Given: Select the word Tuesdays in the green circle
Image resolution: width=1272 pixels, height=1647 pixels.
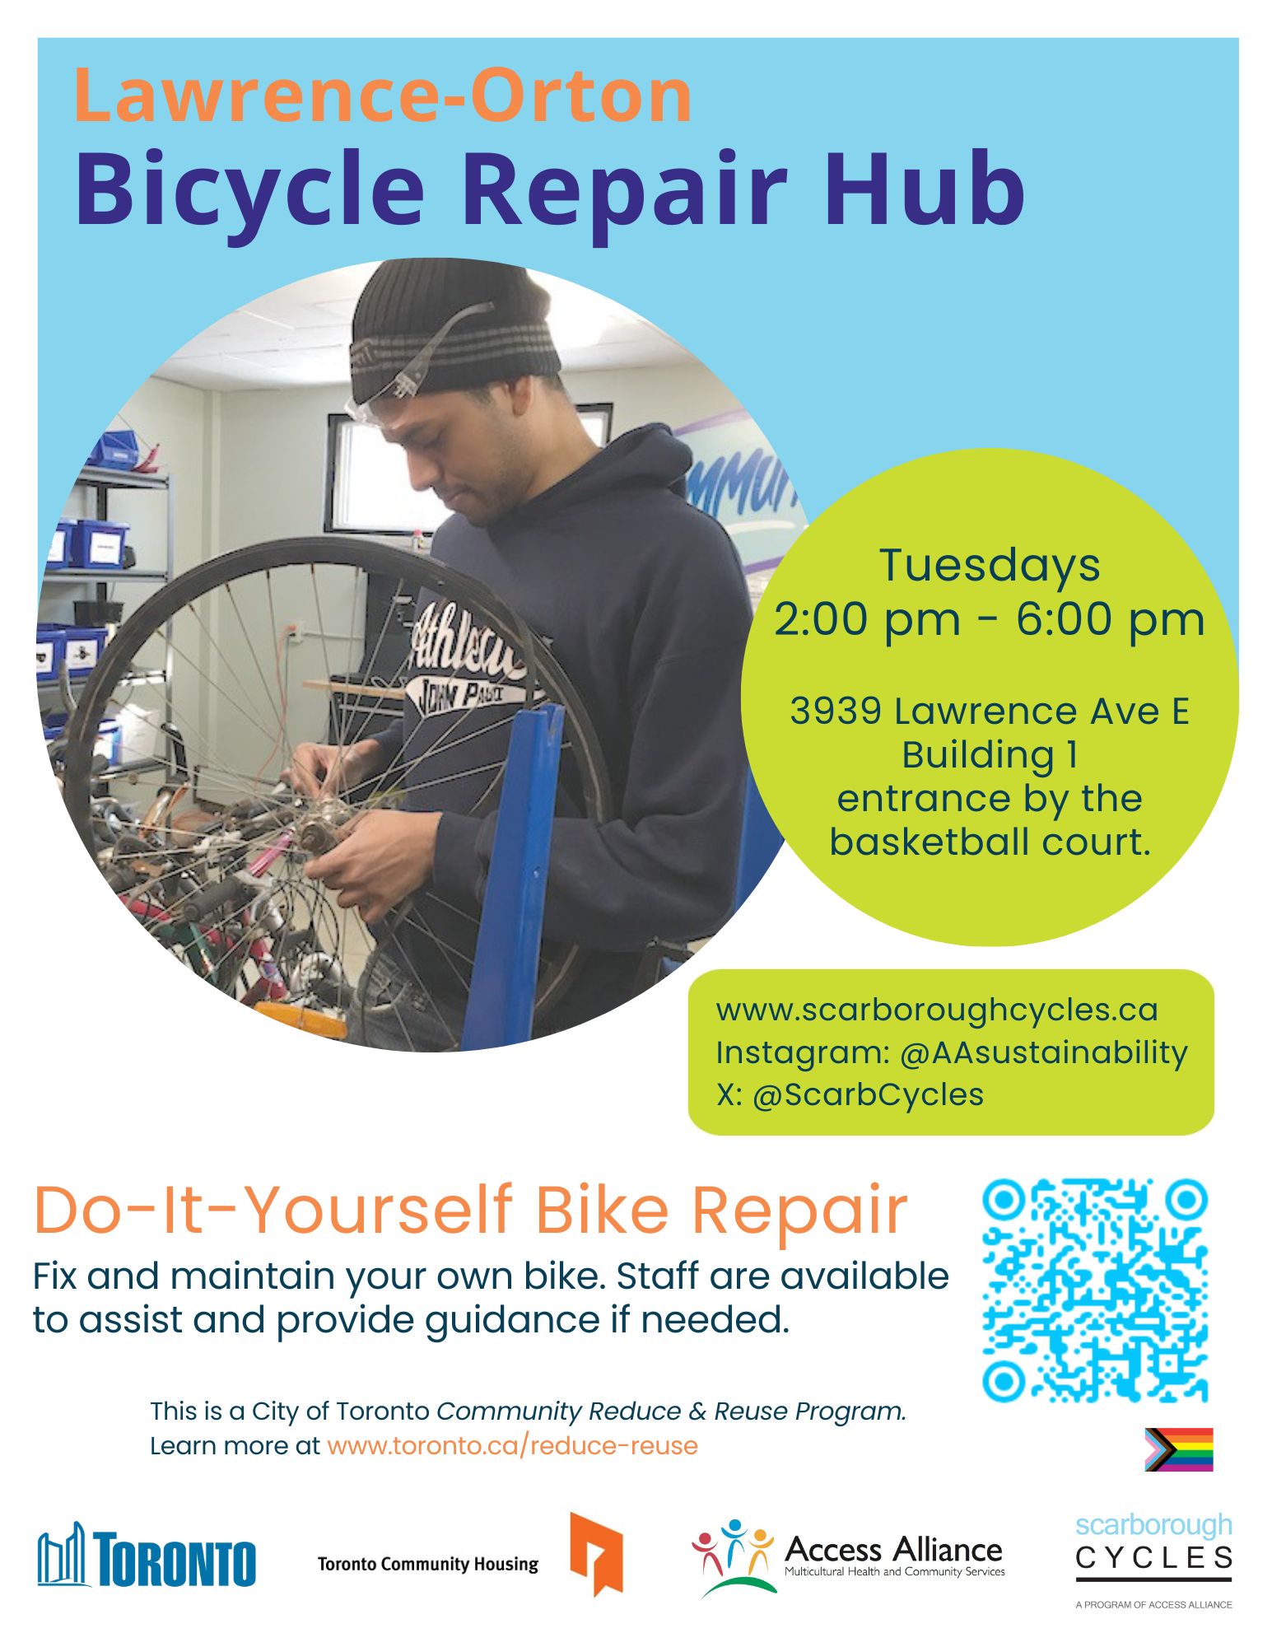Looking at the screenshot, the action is pos(990,565).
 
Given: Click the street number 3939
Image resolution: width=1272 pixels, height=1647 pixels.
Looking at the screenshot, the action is pos(835,712).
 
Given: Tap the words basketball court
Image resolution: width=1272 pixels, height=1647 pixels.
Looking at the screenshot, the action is pos(990,842).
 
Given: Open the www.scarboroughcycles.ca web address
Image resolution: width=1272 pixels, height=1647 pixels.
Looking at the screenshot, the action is pos(937,1010).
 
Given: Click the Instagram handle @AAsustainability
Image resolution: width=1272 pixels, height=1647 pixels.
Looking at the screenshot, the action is pos(1043,1053).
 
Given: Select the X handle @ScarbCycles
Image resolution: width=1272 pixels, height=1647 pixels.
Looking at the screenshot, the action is pos(868,1095).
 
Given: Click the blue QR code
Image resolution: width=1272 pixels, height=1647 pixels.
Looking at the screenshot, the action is pos(1095,1290).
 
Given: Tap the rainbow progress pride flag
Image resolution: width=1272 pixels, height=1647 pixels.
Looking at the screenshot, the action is pos(1178,1449).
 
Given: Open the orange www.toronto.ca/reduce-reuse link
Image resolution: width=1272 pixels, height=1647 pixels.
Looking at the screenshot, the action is pos(512,1446).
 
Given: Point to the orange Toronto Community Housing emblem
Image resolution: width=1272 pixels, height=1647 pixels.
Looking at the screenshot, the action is pos(596,1553).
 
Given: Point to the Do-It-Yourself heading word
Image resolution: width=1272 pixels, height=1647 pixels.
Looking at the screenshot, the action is pos(273,1210).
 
